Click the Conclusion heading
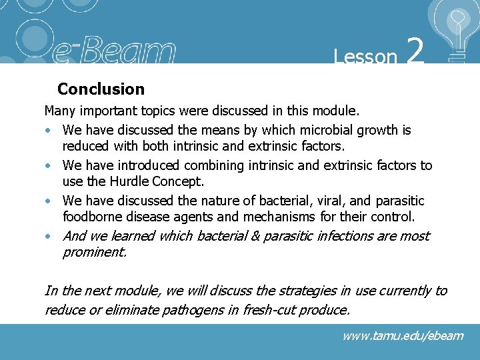pos(101,89)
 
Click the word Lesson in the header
pos(365,57)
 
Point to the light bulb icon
pos(455,30)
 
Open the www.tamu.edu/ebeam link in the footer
pos(402,335)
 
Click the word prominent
pos(94,252)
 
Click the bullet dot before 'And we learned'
pos(49,237)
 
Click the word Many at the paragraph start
pos(59,111)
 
